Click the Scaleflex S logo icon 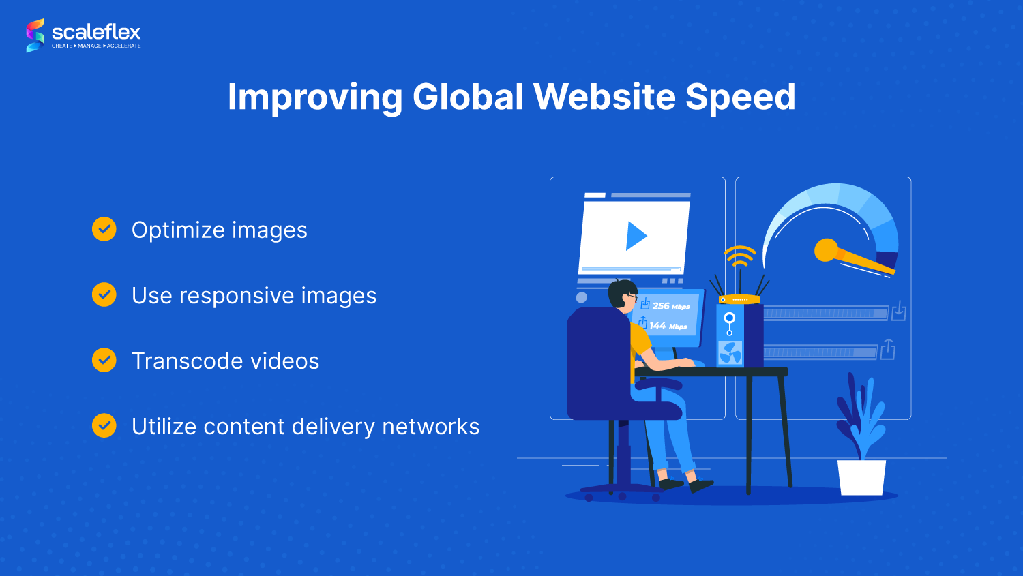pyautogui.click(x=35, y=35)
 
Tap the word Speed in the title pyautogui.click(x=740, y=97)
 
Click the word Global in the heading pyautogui.click(x=468, y=96)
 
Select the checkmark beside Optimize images pyautogui.click(x=104, y=228)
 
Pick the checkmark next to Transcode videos pyautogui.click(x=104, y=360)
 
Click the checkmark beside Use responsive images pyautogui.click(x=104, y=294)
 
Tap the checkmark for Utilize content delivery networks pyautogui.click(x=104, y=425)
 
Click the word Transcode pyautogui.click(x=180, y=361)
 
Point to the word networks pyautogui.click(x=430, y=426)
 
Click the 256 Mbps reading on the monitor pyautogui.click(x=670, y=306)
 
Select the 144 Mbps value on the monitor pyautogui.click(x=668, y=326)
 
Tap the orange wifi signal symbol pyautogui.click(x=739, y=256)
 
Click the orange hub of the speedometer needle pyautogui.click(x=826, y=250)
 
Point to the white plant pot pyautogui.click(x=861, y=477)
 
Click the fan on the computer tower pyautogui.click(x=730, y=353)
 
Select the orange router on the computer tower pyautogui.click(x=739, y=299)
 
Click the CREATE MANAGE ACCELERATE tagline pyautogui.click(x=96, y=46)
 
